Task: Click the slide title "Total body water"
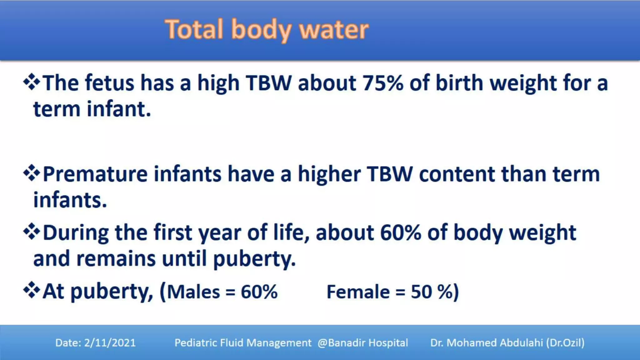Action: [x=267, y=30]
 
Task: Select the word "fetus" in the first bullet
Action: [x=109, y=83]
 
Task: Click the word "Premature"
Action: [x=95, y=174]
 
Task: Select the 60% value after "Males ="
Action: [x=259, y=292]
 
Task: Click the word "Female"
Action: [x=358, y=292]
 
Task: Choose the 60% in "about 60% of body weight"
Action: [x=400, y=233]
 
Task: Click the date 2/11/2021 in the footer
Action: [x=110, y=343]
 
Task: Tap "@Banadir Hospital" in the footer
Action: [x=363, y=343]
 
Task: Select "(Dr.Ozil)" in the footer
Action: [x=565, y=343]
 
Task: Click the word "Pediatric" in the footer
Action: [x=195, y=343]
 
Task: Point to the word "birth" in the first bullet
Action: [x=459, y=83]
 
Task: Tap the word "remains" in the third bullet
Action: [x=116, y=259]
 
